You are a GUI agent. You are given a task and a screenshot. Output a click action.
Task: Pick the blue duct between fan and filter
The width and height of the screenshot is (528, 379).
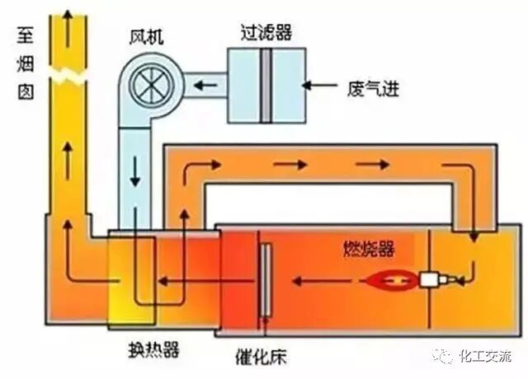pos(203,83)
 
